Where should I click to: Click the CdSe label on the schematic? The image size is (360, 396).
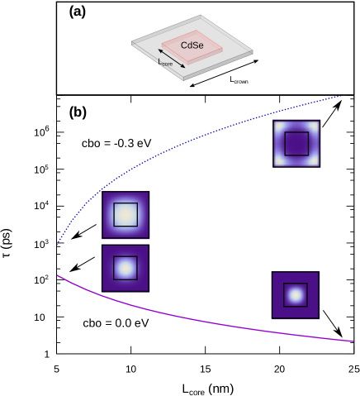192,45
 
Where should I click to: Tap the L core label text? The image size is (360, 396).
165,62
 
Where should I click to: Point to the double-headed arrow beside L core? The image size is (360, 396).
173,57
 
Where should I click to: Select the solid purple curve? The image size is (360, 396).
206,322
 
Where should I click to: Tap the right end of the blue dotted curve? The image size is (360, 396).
341,96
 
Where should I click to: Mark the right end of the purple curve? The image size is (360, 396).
353,341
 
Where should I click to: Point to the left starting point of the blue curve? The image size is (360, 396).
58,244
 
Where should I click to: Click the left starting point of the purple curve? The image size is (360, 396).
58,275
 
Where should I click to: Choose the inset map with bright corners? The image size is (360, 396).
296,144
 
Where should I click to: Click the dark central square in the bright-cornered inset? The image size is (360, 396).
296,144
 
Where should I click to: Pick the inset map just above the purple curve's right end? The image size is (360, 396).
296,295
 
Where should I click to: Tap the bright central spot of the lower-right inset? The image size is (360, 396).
296,295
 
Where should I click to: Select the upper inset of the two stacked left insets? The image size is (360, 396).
126,215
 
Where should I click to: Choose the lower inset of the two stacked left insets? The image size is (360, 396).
126,268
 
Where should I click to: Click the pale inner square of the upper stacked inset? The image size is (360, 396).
126,215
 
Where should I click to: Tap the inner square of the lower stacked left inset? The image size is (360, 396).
126,268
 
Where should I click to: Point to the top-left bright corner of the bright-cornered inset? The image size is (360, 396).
278,125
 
